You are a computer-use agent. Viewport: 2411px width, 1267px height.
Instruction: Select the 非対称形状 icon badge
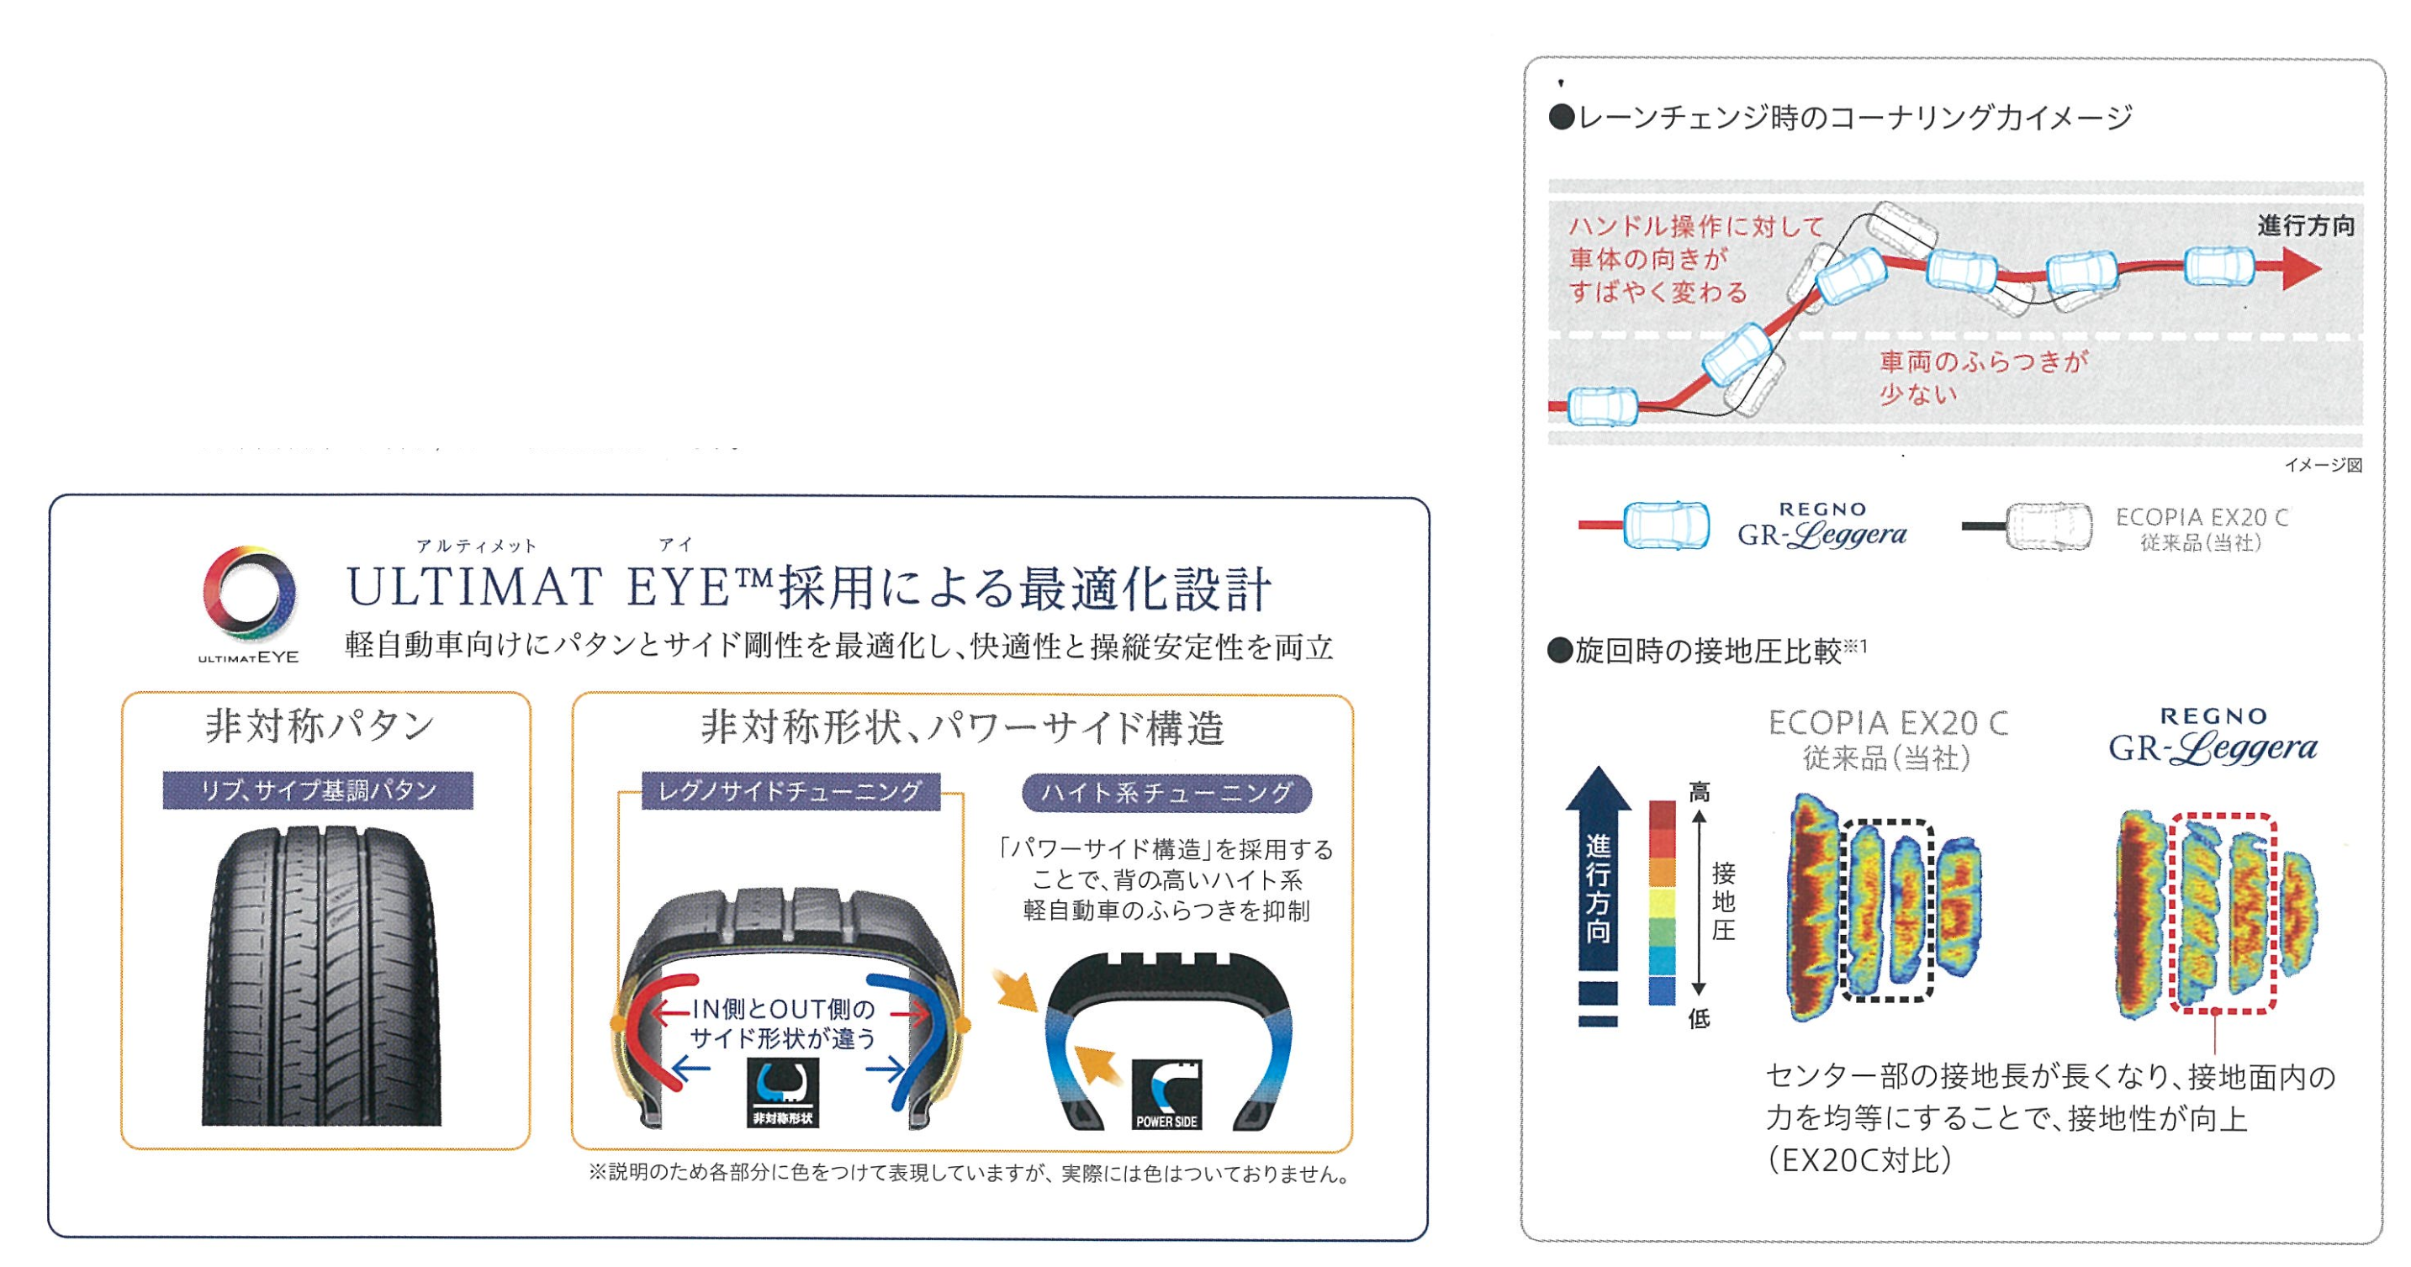pyautogui.click(x=782, y=1092)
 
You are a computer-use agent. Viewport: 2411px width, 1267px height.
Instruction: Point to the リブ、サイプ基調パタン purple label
pyautogui.click(x=317, y=790)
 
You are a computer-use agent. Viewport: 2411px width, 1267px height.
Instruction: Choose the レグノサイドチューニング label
pyautogui.click(x=790, y=792)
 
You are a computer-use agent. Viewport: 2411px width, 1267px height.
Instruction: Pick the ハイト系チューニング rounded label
pyautogui.click(x=1166, y=794)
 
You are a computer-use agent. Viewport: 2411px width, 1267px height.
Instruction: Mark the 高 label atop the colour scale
pyautogui.click(x=1699, y=793)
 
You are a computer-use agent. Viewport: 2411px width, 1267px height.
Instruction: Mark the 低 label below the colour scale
pyautogui.click(x=1699, y=1019)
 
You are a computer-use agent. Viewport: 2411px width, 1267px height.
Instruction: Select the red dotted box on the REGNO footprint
pyautogui.click(x=2222, y=913)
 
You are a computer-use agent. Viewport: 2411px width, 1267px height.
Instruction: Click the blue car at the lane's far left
pyautogui.click(x=1602, y=406)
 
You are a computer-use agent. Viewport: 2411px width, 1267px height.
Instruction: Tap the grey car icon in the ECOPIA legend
pyautogui.click(x=2048, y=527)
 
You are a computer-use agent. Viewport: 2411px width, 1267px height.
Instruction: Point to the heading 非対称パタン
pyautogui.click(x=320, y=726)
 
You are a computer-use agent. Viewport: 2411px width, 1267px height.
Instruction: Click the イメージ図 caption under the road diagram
pyautogui.click(x=2322, y=465)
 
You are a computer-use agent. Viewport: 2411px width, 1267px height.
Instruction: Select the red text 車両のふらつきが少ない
pyautogui.click(x=1982, y=377)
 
